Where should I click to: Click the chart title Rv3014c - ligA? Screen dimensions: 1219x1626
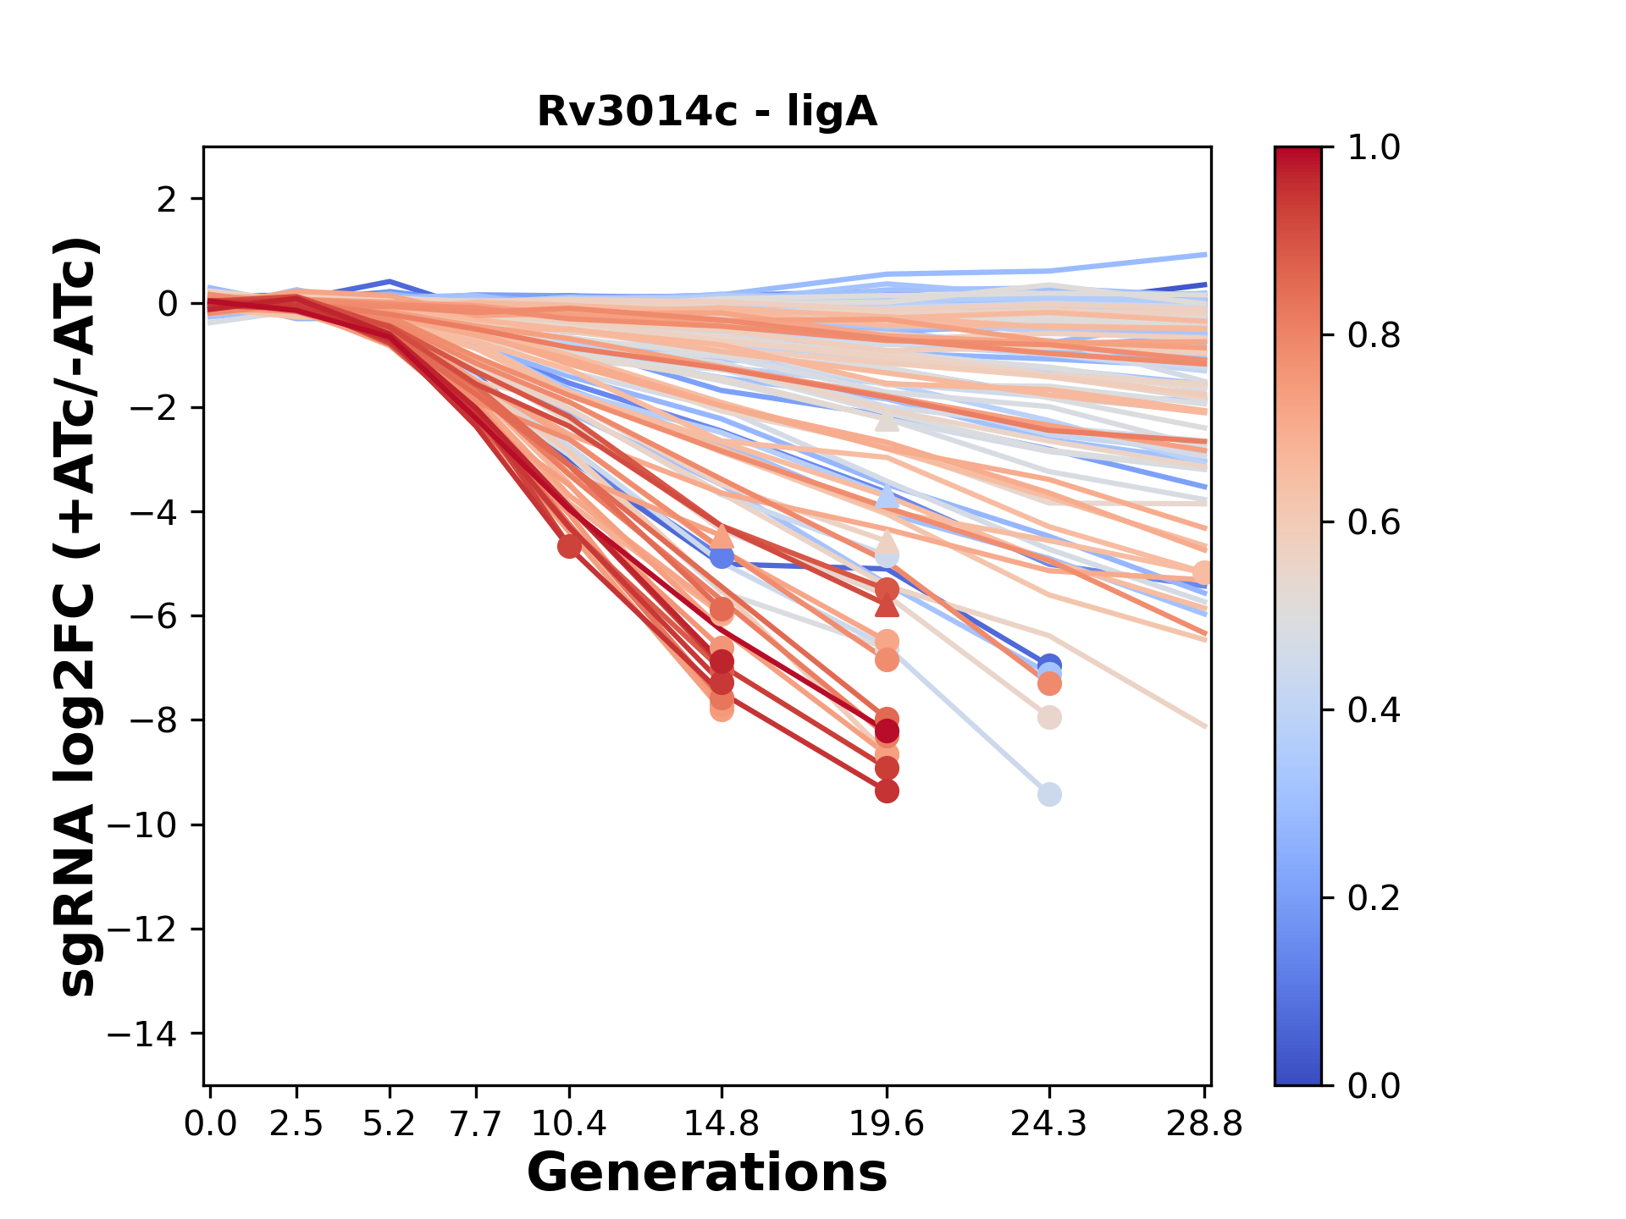(x=707, y=112)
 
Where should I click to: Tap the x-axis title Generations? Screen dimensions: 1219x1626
(x=707, y=1173)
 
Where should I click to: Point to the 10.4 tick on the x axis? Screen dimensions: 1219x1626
(x=569, y=1124)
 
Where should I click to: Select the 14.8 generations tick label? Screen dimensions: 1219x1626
(x=722, y=1124)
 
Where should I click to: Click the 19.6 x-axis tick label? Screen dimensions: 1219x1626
(x=887, y=1124)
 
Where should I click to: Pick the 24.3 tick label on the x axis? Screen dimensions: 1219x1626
(x=1049, y=1124)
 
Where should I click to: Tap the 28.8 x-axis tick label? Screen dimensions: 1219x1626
(x=1204, y=1124)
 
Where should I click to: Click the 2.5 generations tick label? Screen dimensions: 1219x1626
(x=296, y=1124)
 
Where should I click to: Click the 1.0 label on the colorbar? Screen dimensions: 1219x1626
(x=1374, y=148)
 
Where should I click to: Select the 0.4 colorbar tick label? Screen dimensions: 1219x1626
(x=1374, y=710)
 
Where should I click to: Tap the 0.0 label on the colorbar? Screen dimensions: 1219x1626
(x=1374, y=1085)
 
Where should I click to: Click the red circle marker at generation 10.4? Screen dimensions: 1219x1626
(x=569, y=546)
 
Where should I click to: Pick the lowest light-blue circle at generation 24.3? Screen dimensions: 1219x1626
(x=1049, y=794)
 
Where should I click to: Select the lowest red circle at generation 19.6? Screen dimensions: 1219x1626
(x=887, y=792)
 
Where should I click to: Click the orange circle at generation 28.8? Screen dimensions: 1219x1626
(x=1203, y=574)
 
